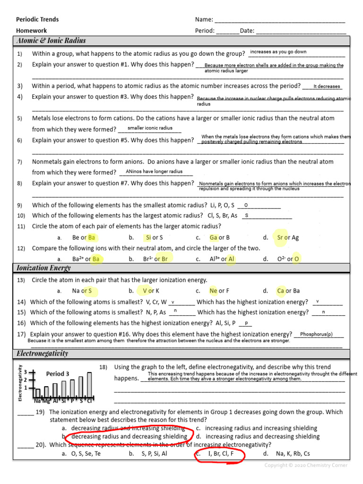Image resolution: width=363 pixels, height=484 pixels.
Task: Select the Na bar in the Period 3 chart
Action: [x=38, y=393]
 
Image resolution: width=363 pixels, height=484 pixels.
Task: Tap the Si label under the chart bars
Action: [x=64, y=401]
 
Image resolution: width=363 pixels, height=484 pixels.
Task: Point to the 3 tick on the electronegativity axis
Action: [x=25, y=372]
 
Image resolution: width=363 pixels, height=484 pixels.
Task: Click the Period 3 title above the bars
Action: [x=58, y=374]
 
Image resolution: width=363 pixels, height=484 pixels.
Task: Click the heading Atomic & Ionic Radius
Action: [x=51, y=41]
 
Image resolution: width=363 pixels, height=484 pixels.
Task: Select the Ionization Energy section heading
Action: [x=43, y=268]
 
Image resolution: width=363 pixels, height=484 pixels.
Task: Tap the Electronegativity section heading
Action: [x=42, y=354]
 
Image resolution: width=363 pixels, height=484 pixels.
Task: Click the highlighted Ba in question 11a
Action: [x=92, y=238]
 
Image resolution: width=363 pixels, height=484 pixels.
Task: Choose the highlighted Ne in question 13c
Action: [x=213, y=291]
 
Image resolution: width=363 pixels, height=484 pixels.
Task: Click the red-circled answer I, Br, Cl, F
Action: [x=221, y=454]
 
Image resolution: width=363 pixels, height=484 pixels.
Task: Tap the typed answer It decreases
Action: [x=327, y=86]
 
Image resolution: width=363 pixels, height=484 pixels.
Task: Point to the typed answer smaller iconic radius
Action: [x=150, y=128]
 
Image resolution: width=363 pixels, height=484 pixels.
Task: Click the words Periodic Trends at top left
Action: [x=37, y=19]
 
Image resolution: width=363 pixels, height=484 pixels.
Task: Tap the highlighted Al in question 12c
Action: [x=231, y=259]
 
